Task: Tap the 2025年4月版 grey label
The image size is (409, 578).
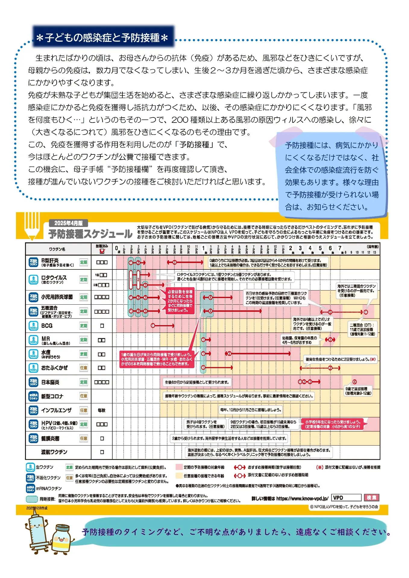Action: pyautogui.click(x=68, y=223)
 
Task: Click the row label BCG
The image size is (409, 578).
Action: pyautogui.click(x=47, y=326)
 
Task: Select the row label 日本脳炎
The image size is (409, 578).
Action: pyautogui.click(x=50, y=382)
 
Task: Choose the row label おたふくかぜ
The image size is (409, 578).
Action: pyautogui.click(x=55, y=368)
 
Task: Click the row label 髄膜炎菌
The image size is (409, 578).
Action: pyautogui.click(x=50, y=438)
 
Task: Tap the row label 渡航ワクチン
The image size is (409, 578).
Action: pyautogui.click(x=54, y=452)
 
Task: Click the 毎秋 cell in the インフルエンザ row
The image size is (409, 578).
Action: pyautogui.click(x=102, y=410)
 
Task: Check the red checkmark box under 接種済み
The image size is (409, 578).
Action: pyautogui.click(x=102, y=251)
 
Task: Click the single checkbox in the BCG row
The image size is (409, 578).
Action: pyautogui.click(x=102, y=326)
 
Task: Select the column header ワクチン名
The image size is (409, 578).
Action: pyautogui.click(x=57, y=249)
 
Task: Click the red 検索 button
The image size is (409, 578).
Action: pyautogui.click(x=371, y=498)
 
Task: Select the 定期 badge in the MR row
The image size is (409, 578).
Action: pyautogui.click(x=83, y=340)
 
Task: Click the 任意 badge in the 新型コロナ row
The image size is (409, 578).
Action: pyautogui.click(x=83, y=396)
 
